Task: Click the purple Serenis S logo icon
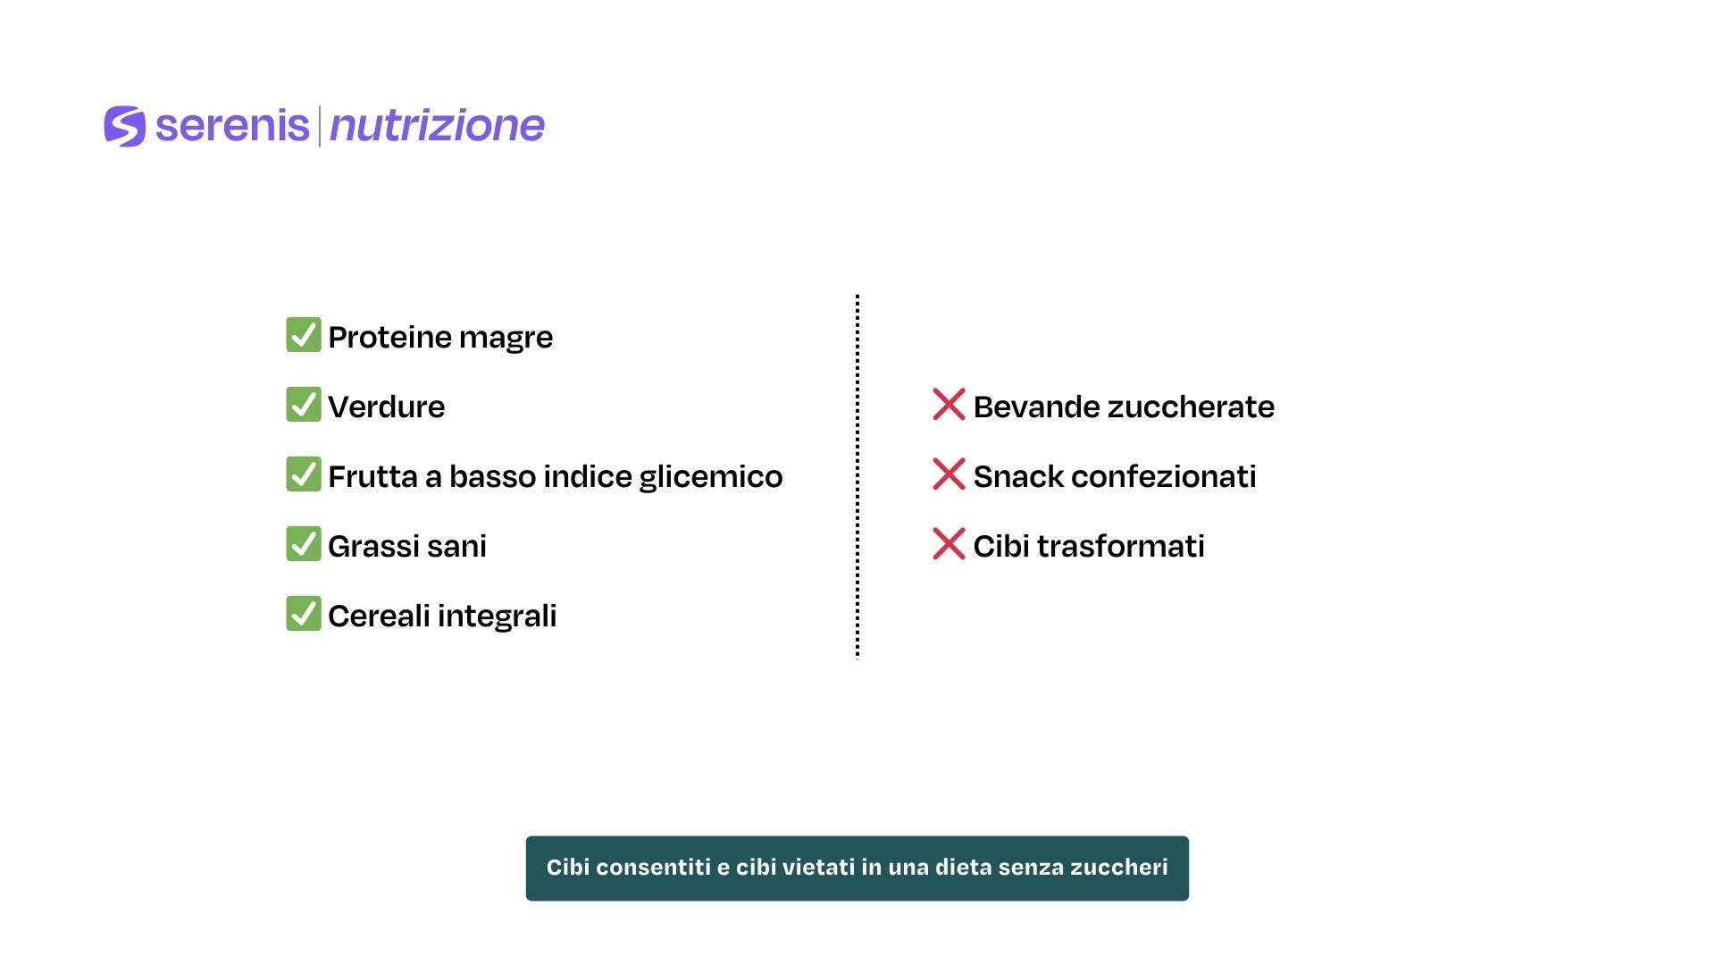124,126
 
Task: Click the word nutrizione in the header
437,126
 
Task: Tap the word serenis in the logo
232,125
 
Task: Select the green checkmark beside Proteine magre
304,335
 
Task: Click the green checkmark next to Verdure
304,405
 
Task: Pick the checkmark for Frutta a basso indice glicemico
304,474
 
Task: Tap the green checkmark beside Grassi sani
304,544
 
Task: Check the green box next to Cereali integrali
304,614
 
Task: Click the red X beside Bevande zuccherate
949,404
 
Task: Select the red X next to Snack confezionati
949,474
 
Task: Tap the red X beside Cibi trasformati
949,543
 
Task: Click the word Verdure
387,407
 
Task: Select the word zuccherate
1192,407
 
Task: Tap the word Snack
1018,476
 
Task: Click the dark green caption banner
857,868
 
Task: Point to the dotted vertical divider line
857,476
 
